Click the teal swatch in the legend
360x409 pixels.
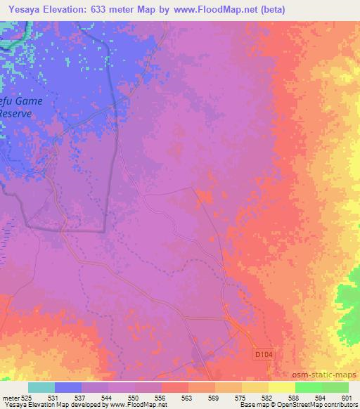41,387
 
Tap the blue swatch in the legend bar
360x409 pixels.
68,387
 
